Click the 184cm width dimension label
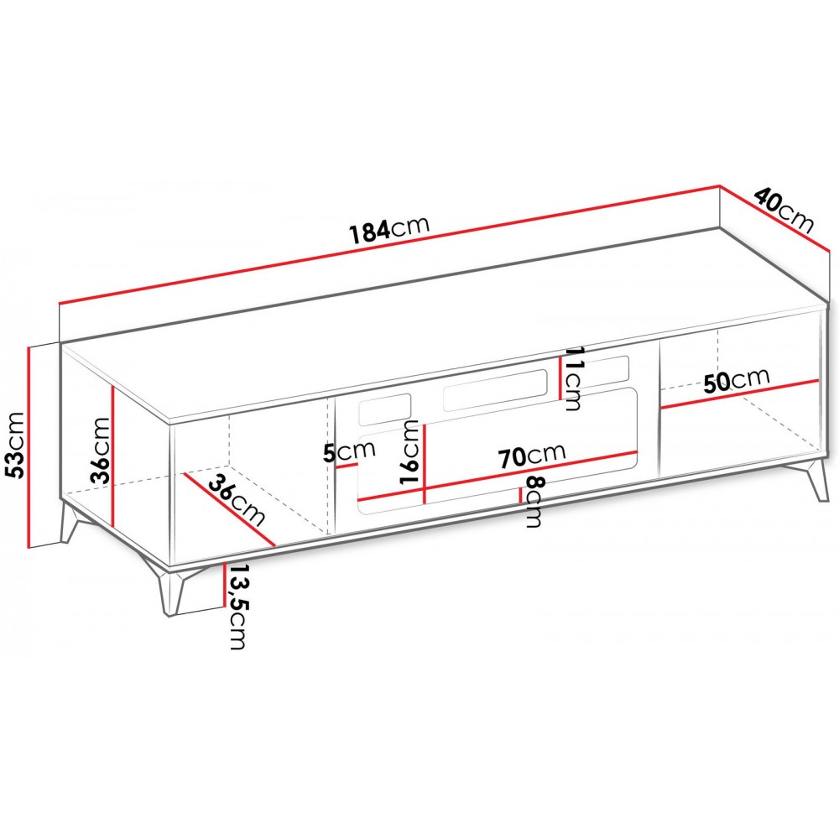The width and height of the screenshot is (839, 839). [x=389, y=230]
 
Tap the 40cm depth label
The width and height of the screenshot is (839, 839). [x=784, y=211]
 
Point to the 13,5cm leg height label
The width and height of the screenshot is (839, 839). [x=237, y=607]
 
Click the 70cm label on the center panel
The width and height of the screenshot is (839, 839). [x=532, y=456]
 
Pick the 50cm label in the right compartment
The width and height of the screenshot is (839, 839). [x=737, y=379]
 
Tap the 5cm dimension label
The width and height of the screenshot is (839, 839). [x=349, y=452]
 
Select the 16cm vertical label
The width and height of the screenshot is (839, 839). [x=410, y=452]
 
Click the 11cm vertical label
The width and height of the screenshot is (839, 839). [x=572, y=379]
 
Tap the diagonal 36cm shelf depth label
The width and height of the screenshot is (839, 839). [x=237, y=500]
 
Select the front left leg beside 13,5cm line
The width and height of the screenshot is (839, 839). [x=171, y=589]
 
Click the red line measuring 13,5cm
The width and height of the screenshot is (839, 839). [x=225, y=584]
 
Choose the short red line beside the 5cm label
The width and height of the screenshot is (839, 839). [x=347, y=466]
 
